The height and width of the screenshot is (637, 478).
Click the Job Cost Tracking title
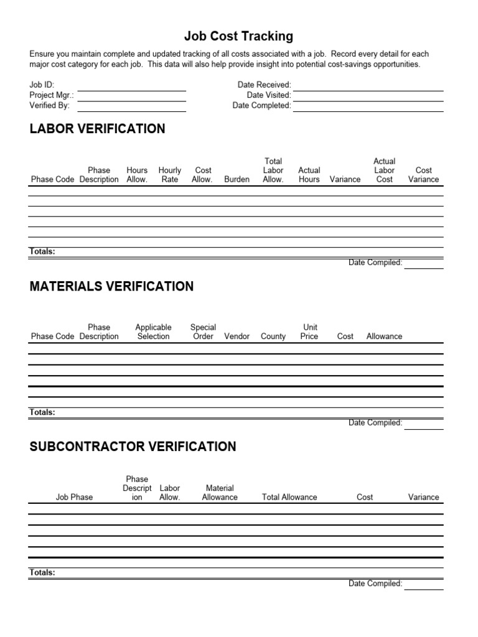point(239,37)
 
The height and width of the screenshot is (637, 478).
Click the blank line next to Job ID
point(131,86)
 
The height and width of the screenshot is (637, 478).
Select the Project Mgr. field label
point(52,95)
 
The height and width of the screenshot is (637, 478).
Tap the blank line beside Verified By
point(131,106)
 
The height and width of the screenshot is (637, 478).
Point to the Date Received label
point(264,85)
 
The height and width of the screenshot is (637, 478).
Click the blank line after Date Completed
point(368,106)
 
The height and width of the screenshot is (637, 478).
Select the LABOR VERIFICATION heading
point(98,129)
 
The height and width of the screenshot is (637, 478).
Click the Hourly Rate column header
point(169,175)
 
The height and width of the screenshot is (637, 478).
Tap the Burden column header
point(237,179)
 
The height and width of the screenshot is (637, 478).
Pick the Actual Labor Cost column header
point(384,170)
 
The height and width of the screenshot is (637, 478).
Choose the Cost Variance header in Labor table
point(423,175)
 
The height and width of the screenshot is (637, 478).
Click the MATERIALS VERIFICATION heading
point(112,286)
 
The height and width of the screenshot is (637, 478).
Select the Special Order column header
point(203,332)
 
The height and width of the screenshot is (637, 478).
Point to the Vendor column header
point(237,337)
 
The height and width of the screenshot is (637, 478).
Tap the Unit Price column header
point(309,332)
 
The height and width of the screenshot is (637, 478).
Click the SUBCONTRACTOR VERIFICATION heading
point(133,447)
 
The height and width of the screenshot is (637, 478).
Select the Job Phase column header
point(74,497)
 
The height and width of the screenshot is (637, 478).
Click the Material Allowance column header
point(220,493)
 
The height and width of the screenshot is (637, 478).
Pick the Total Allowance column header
point(289,497)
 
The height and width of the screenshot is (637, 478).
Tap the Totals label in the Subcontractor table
point(42,572)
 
